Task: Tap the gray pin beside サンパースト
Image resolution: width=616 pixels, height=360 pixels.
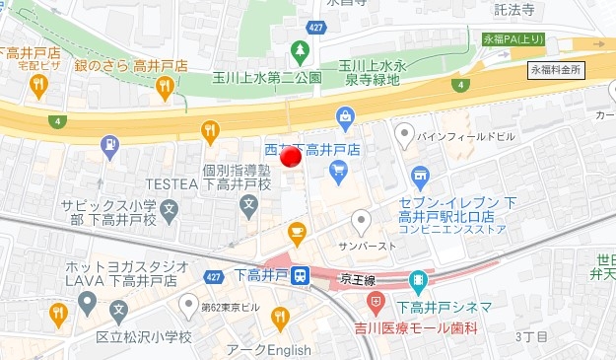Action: click(x=362, y=220)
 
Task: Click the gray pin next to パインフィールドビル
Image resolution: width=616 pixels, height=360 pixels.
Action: click(x=404, y=132)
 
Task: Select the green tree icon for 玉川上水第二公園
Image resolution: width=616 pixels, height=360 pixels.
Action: click(x=300, y=49)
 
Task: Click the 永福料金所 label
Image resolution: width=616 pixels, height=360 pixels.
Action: click(x=556, y=71)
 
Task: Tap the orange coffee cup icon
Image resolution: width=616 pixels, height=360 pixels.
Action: click(x=296, y=233)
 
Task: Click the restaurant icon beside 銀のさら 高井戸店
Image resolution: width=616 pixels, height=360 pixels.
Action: click(x=165, y=87)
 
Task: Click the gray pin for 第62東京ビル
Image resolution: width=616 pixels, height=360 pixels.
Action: click(x=188, y=302)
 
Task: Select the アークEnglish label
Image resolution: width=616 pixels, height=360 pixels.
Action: click(x=268, y=349)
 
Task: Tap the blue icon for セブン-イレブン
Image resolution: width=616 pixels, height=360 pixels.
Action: click(x=421, y=179)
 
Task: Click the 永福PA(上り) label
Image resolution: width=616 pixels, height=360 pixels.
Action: click(x=512, y=39)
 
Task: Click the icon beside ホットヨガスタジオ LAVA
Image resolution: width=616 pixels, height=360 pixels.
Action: click(x=88, y=301)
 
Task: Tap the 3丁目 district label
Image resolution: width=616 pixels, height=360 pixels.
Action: click(x=531, y=337)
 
